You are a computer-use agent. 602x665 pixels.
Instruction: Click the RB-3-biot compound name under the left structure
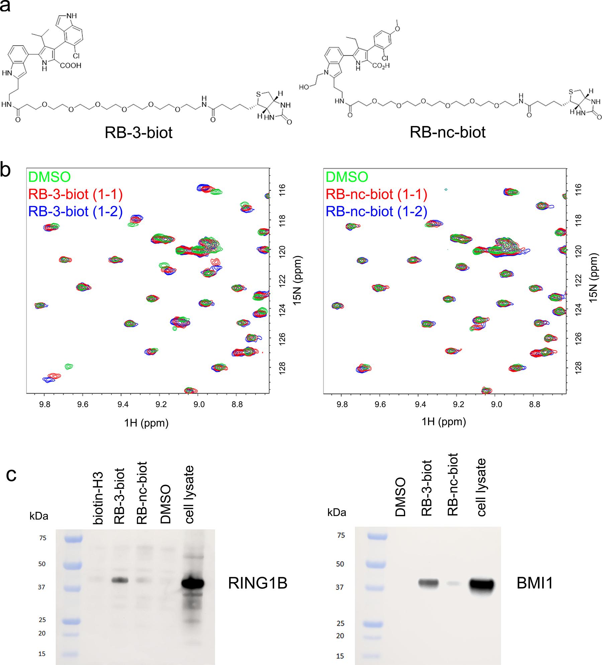click(x=138, y=132)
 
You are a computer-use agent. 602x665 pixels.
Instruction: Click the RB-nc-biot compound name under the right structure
click(x=447, y=132)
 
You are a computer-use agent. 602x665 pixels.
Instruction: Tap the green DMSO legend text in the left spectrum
click(x=49, y=177)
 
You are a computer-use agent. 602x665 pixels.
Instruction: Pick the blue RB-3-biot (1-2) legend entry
click(x=76, y=211)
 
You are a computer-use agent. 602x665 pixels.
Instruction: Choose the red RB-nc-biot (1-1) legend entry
click(x=377, y=194)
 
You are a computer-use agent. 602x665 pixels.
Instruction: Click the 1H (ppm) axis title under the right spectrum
click(x=444, y=422)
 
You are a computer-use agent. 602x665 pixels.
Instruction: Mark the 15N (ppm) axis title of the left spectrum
click(x=297, y=280)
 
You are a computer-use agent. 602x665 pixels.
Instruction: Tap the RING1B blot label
click(x=258, y=583)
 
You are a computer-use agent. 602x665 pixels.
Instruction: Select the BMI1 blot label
click(x=535, y=583)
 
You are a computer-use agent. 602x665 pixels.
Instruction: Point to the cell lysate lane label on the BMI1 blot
click(x=481, y=487)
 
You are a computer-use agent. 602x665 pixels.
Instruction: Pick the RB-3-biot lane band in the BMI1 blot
click(x=428, y=583)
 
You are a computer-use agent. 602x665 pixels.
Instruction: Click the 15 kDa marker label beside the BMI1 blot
click(x=340, y=656)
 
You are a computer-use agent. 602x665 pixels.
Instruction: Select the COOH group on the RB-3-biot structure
click(x=71, y=66)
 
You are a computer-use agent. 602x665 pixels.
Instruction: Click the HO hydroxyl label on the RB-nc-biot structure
click(x=304, y=87)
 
